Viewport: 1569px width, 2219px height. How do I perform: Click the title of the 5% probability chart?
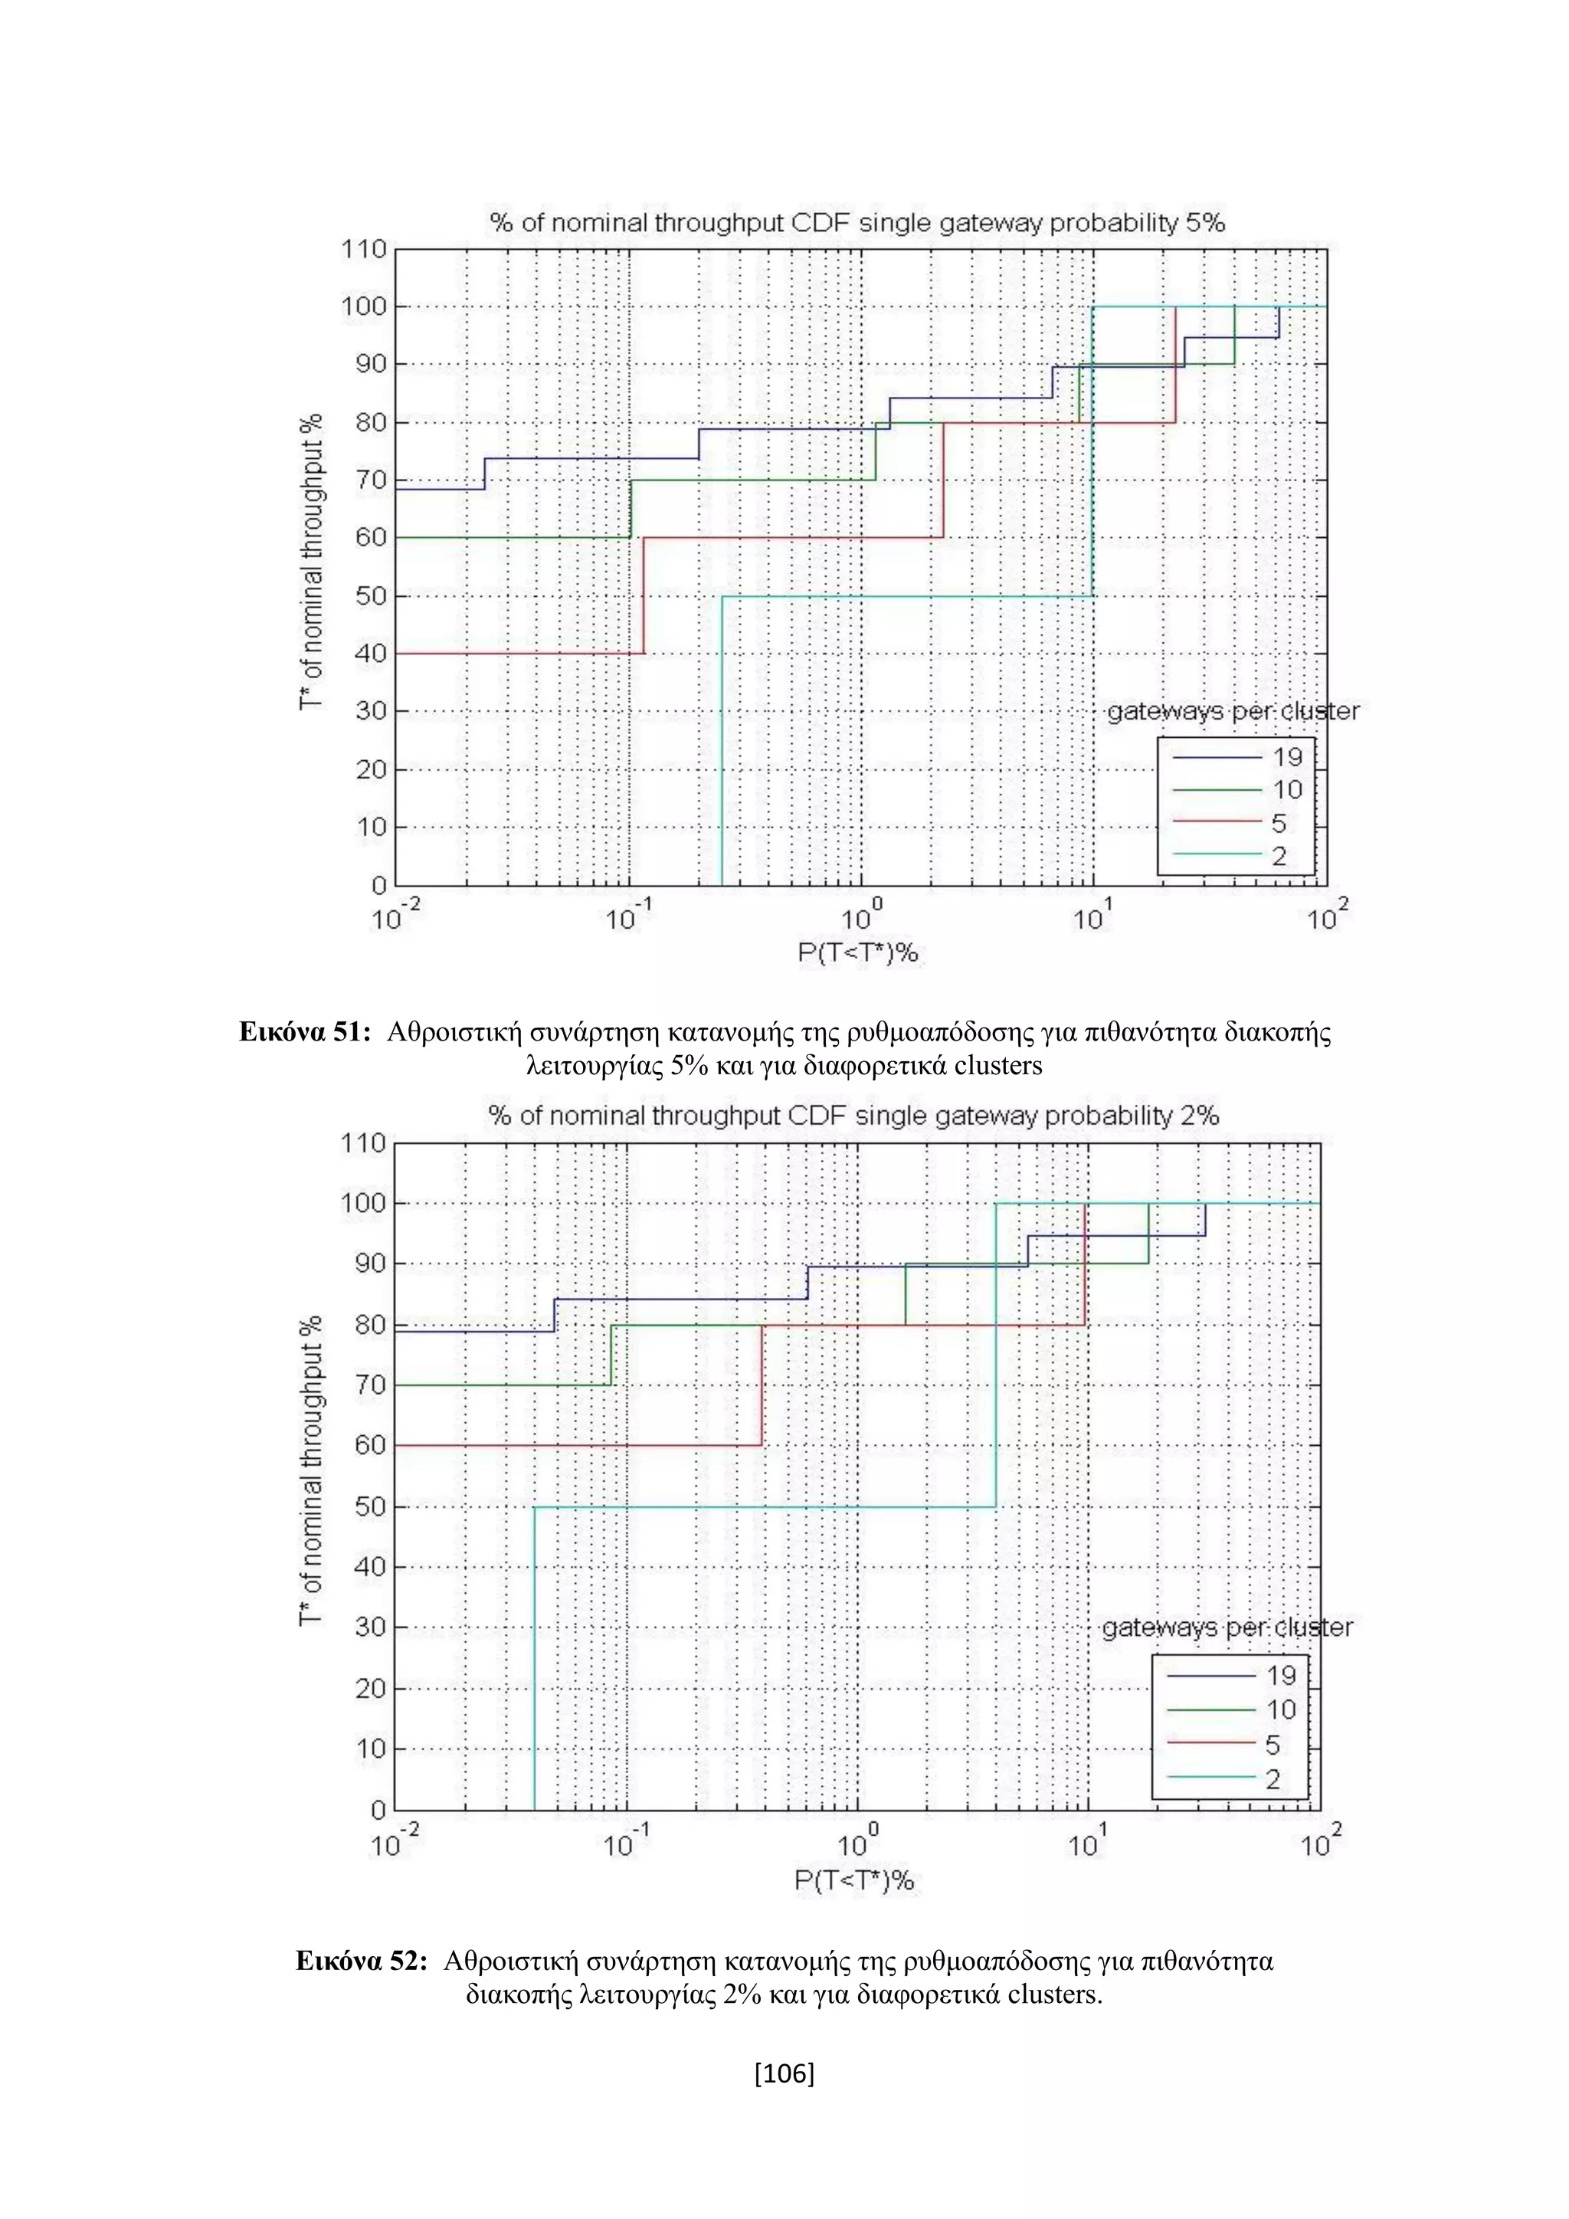point(857,223)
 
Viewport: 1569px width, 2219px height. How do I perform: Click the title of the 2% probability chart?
point(853,1116)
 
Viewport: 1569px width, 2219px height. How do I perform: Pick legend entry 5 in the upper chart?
point(1278,824)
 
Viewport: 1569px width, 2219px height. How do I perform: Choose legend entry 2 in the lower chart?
point(1273,1780)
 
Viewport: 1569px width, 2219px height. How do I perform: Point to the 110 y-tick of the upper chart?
point(363,249)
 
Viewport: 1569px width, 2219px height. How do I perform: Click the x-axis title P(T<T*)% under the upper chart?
point(857,954)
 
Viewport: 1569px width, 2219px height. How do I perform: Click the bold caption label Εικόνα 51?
point(306,1032)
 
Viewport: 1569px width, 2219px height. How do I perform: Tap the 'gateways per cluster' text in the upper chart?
point(1232,713)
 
